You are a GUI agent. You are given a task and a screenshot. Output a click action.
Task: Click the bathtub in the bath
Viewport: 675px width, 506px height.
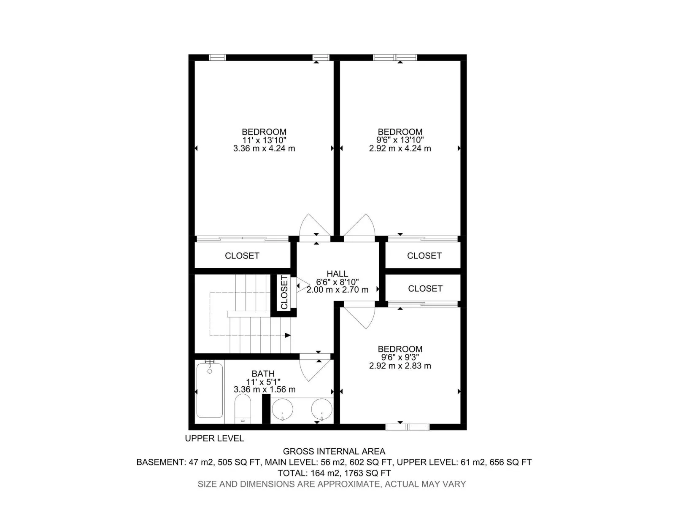[x=209, y=390]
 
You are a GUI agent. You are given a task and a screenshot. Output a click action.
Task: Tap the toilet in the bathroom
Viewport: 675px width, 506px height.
[x=243, y=409]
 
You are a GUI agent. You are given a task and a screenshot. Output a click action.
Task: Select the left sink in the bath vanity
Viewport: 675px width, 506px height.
[x=282, y=409]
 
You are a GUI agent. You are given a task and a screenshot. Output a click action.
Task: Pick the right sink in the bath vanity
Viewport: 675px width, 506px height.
[x=321, y=409]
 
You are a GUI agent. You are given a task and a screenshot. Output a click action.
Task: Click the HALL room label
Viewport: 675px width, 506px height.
[x=337, y=273]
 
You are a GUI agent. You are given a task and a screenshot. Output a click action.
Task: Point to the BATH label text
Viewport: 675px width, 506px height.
[x=263, y=374]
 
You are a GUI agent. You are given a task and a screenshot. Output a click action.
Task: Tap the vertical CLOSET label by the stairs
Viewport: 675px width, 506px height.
[x=284, y=293]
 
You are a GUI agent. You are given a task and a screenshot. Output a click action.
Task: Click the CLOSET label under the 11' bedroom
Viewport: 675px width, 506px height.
[x=242, y=256]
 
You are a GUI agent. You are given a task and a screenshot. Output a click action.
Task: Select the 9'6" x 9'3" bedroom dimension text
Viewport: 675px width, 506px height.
[x=400, y=357]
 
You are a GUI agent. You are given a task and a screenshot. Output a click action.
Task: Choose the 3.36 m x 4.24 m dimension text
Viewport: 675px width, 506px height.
[x=264, y=149]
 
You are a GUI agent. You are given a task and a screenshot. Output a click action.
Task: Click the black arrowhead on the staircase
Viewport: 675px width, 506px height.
[x=288, y=335]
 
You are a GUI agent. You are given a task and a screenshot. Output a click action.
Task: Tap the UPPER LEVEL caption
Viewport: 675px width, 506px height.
[x=214, y=439]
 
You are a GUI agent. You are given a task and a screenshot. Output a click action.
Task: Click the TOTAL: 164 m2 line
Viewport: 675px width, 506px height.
[x=334, y=473]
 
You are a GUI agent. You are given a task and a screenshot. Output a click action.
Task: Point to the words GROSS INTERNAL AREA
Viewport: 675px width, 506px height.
[x=334, y=451]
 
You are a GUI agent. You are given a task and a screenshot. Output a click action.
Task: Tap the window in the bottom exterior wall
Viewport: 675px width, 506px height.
[x=408, y=427]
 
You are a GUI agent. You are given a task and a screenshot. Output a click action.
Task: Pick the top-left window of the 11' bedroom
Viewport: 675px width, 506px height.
[x=217, y=57]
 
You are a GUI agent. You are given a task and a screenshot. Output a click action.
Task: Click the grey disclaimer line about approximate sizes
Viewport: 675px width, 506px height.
[x=332, y=484]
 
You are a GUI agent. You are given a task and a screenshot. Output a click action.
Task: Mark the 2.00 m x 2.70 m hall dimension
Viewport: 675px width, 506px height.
[x=337, y=290]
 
